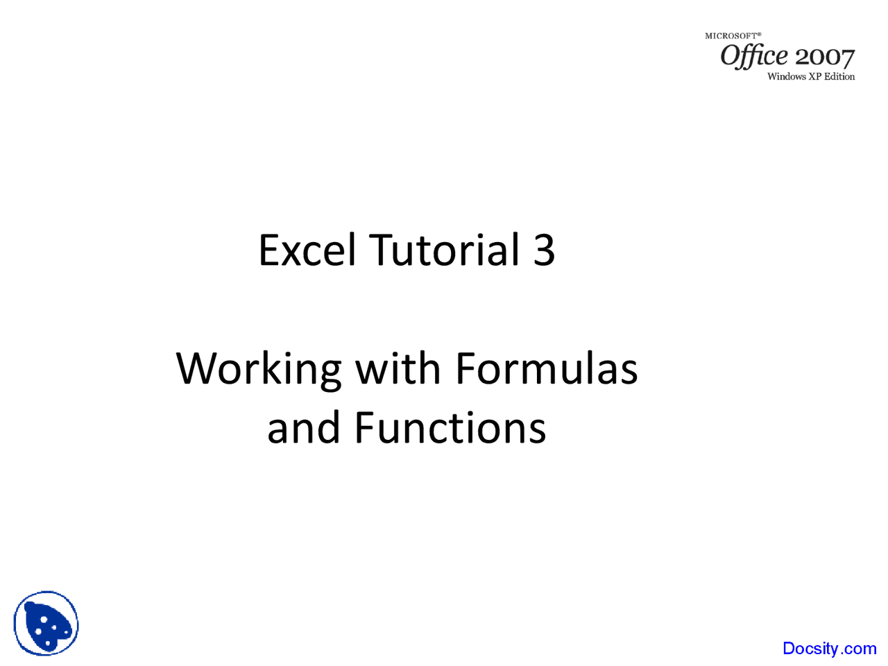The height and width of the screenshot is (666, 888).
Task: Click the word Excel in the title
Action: point(307,250)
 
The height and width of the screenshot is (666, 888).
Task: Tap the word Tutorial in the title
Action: point(444,250)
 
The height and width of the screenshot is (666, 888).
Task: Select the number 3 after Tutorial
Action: point(544,250)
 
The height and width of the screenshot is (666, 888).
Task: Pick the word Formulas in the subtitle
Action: point(546,369)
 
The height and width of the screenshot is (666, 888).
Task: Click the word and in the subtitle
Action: point(303,428)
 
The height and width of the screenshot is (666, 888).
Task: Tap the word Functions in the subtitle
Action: point(450,428)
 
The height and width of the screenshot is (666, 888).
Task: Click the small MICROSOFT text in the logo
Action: point(733,35)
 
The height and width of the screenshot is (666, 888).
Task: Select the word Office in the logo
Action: point(754,55)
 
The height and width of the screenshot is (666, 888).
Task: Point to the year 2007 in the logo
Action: point(825,58)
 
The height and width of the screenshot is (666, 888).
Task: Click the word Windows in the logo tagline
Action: point(786,77)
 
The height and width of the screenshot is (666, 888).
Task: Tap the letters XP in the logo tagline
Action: point(815,77)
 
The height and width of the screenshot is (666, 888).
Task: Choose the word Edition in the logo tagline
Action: point(839,77)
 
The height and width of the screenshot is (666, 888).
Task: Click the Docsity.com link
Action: point(829,649)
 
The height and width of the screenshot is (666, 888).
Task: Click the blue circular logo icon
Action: point(46,624)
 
